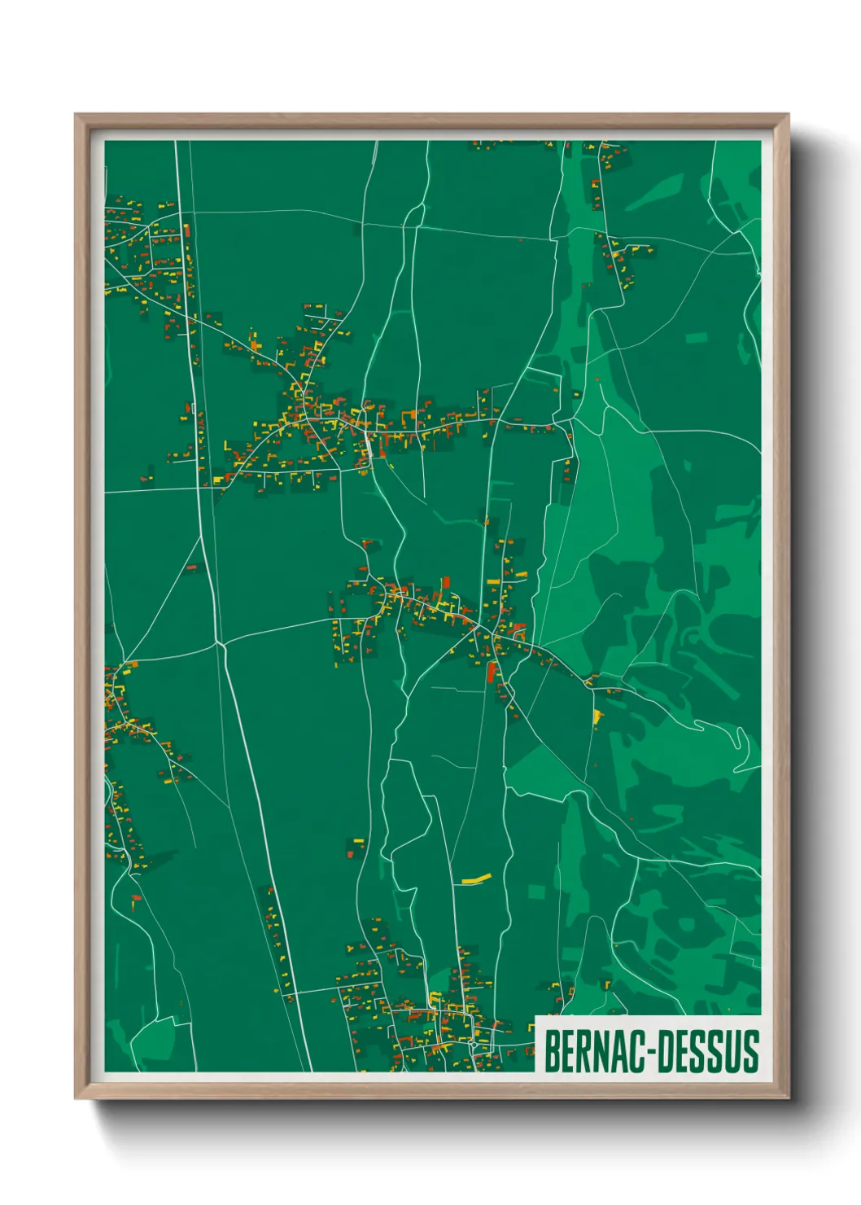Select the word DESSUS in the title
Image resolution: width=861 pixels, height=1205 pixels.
pyautogui.click(x=707, y=1051)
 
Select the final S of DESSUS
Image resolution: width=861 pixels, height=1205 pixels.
pyautogui.click(x=750, y=1051)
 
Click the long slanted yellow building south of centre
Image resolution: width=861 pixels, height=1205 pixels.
pyautogui.click(x=476, y=879)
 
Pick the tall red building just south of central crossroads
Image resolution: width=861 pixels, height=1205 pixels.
pyautogui.click(x=491, y=672)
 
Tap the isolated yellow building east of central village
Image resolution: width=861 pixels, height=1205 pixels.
pyautogui.click(x=599, y=716)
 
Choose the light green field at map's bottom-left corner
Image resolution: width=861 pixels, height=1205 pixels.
pyautogui.click(x=155, y=1043)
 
